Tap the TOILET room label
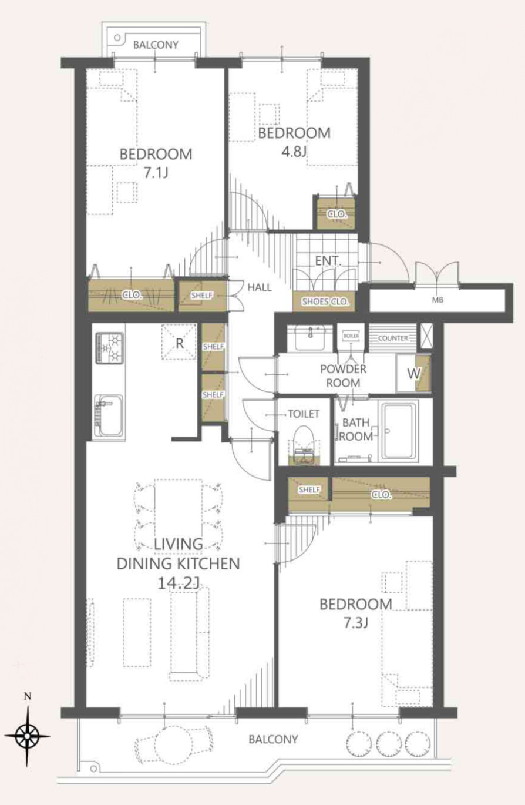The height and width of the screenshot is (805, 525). pos(304,414)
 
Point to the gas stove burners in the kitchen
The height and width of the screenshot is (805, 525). pos(110,347)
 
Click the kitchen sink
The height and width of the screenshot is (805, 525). pos(109,416)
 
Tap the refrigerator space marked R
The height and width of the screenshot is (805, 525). pos(179,343)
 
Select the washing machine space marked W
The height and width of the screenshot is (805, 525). pos(413,374)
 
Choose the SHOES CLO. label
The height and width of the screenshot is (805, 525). pos(325,301)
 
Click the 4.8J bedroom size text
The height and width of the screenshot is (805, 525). pos(294,152)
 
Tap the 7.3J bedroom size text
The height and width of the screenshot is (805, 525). pos(355,623)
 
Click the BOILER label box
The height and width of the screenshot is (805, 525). pos(351,336)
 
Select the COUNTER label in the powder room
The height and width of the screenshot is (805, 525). pos(393,338)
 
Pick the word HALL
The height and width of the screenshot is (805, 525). pos(260,287)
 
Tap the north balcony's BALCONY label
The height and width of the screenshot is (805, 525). pos(156,45)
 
